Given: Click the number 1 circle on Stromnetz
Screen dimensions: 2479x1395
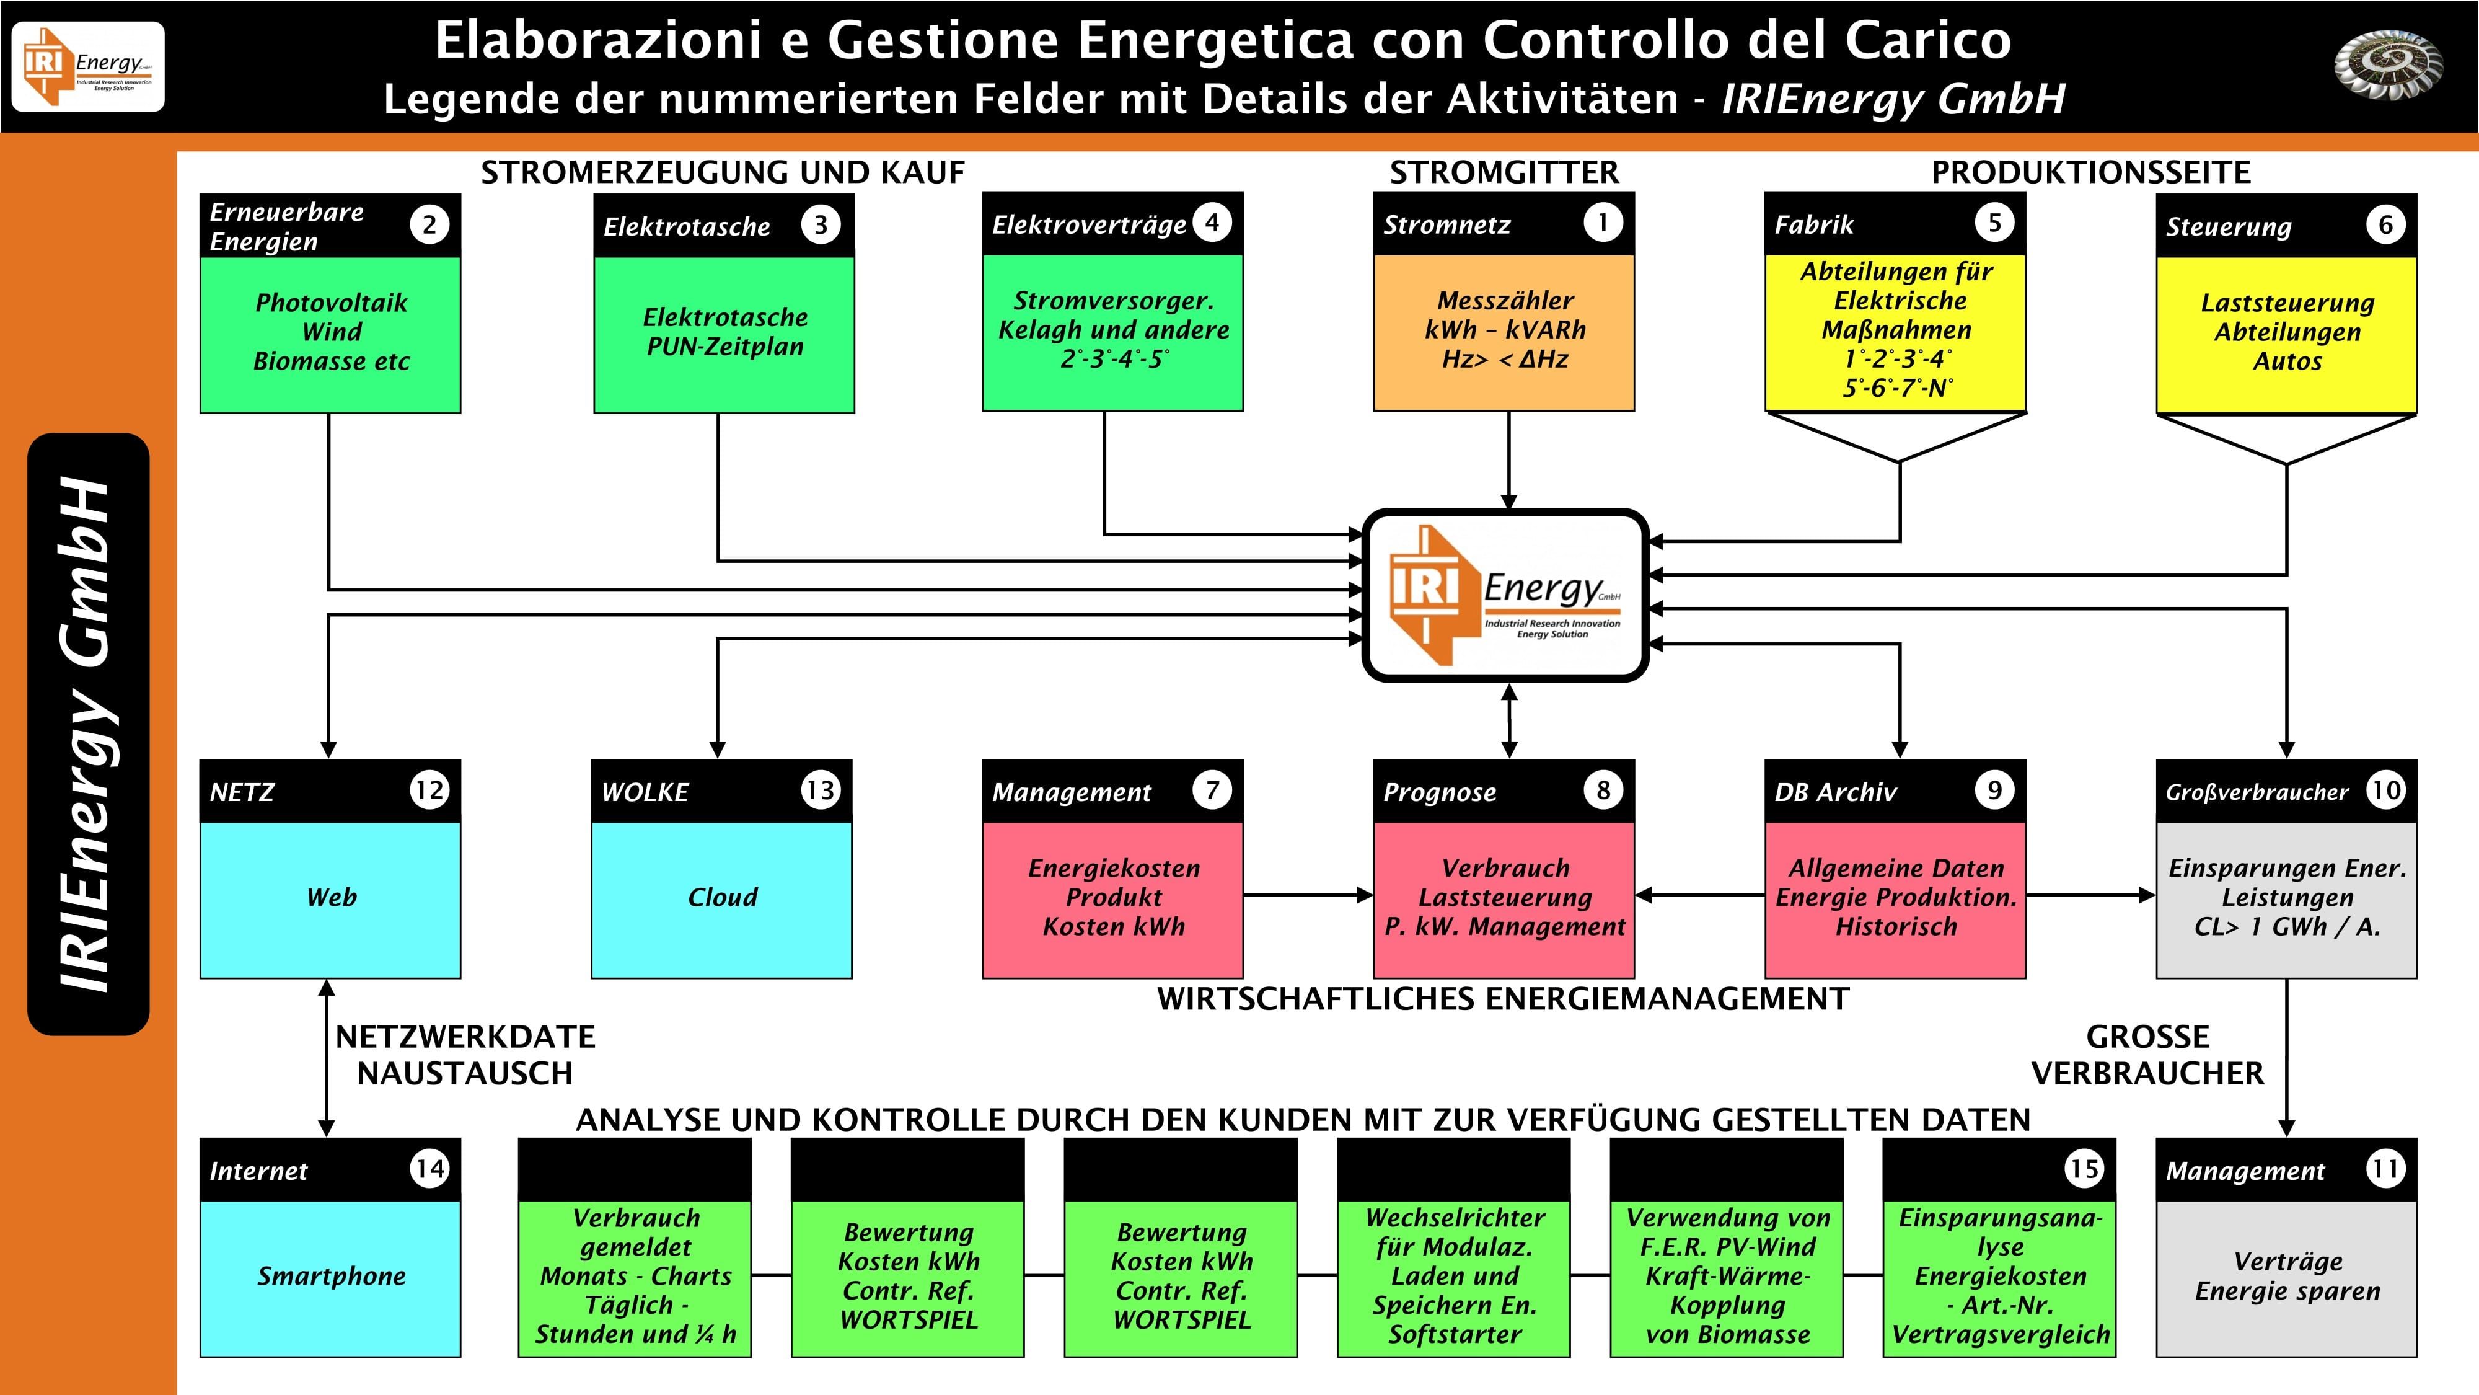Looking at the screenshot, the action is [1602, 223].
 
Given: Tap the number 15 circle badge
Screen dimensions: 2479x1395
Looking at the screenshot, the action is [2084, 1169].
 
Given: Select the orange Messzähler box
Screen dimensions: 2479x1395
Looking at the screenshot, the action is [1504, 332].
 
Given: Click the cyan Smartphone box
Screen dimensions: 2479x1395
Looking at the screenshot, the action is [330, 1278].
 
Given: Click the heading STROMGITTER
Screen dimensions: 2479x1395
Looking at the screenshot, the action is [1504, 172].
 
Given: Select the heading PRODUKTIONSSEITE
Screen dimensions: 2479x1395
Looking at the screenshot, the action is [2091, 172].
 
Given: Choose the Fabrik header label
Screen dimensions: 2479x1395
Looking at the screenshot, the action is [1814, 224].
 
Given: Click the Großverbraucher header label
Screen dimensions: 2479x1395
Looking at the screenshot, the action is [2257, 792].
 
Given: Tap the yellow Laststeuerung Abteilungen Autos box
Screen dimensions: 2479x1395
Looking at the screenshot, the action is [2286, 334].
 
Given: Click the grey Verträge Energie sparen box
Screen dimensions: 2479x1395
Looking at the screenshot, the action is [2286, 1278].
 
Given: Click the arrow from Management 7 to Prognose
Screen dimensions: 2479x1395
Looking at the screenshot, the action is [1309, 895].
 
